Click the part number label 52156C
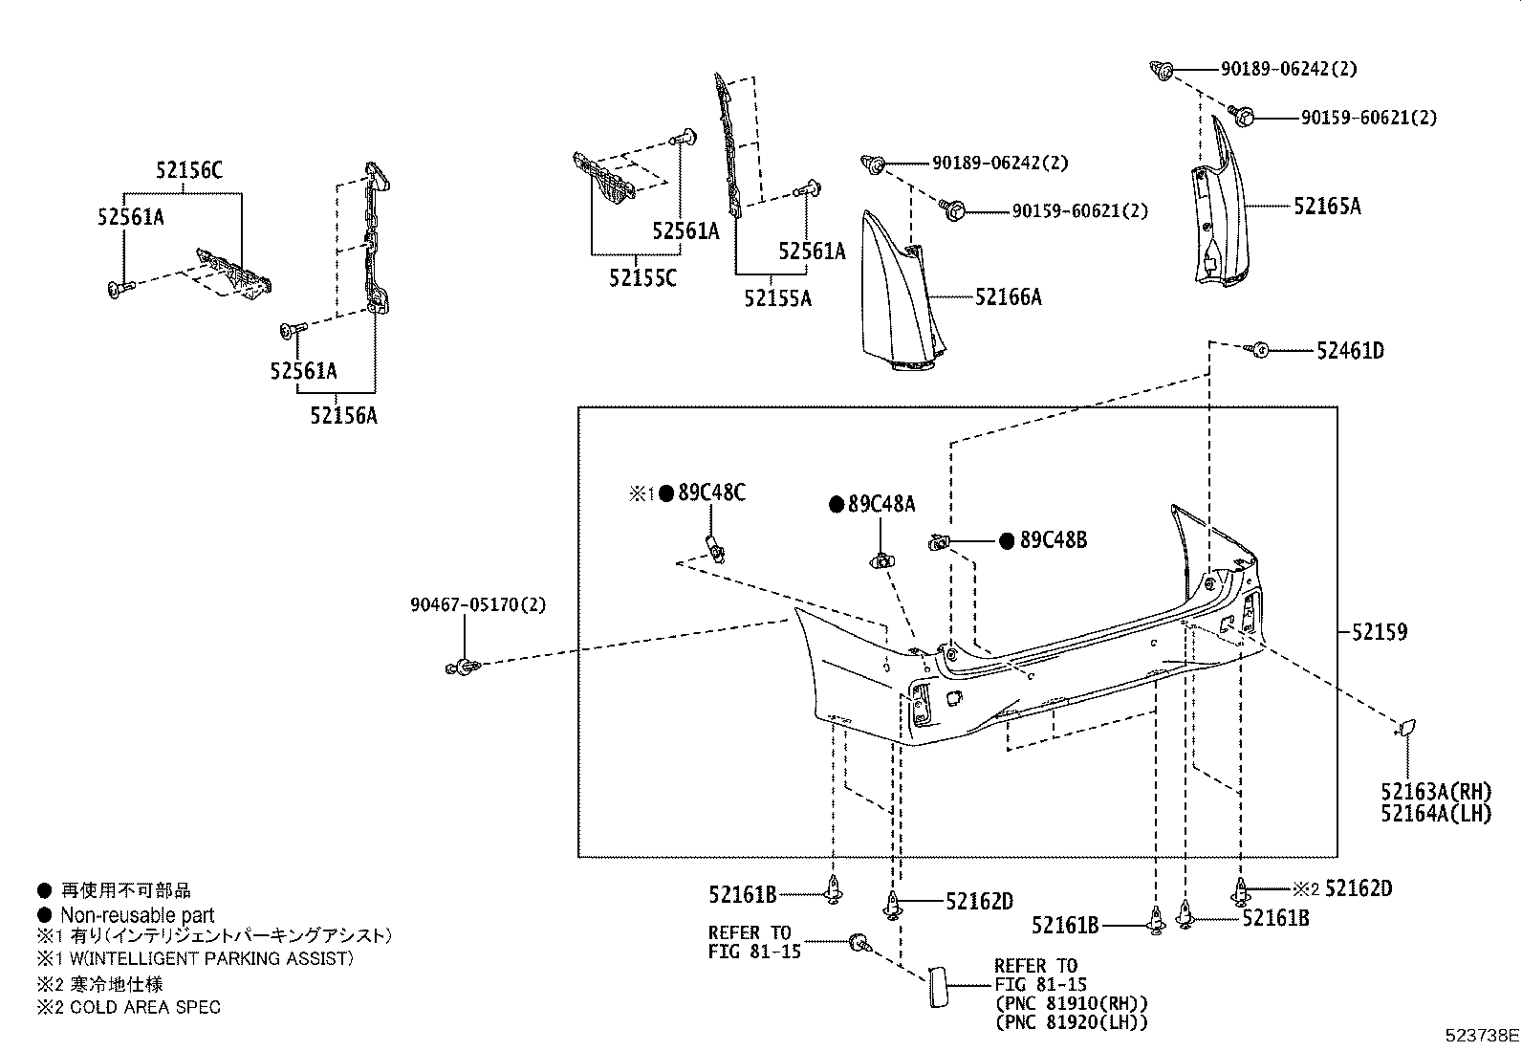tap(189, 171)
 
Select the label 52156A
tap(343, 415)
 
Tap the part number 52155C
tap(642, 278)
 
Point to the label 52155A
tap(777, 298)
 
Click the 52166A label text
tap(1009, 297)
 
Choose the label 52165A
tap(1327, 206)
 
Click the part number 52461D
tap(1350, 351)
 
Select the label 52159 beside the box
tap(1379, 632)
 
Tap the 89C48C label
tap(712, 493)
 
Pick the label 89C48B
tap(1054, 540)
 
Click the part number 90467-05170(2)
tap(478, 605)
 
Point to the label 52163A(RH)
tap(1436, 792)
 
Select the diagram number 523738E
tap(1481, 1035)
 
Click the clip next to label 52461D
tap(1261, 351)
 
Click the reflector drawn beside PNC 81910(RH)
tap(934, 986)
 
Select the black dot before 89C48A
tap(837, 504)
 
